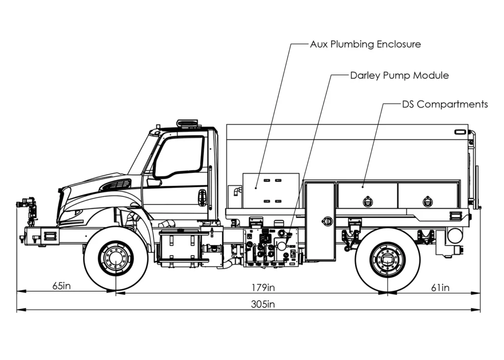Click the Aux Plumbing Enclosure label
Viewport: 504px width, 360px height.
click(365, 44)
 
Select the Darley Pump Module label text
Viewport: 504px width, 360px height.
click(399, 76)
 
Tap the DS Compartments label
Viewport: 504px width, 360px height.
click(444, 104)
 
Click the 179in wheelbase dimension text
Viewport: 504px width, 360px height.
click(262, 287)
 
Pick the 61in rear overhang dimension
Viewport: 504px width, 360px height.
click(440, 288)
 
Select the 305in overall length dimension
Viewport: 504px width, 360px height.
click(262, 304)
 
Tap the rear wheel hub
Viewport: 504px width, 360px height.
click(387, 260)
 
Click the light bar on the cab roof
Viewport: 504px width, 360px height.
click(188, 122)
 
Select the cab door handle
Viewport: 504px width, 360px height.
click(202, 197)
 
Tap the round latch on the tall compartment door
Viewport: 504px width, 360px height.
click(327, 221)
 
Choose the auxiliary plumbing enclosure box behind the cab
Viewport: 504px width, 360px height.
click(271, 188)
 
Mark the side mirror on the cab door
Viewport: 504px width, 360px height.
click(154, 182)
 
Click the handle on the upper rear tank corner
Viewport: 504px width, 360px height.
click(461, 132)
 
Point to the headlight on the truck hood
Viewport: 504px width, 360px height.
click(73, 213)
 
